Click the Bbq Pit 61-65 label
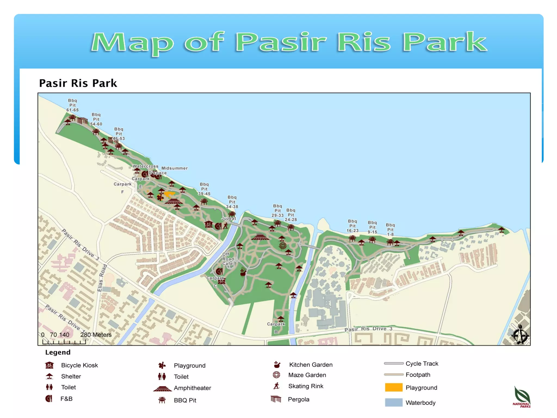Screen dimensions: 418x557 (72, 105)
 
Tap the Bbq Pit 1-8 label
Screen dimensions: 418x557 (390, 230)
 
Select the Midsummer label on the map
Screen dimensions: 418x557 (174, 168)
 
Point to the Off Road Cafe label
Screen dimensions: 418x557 (228, 259)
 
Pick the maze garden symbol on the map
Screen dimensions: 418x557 (283, 246)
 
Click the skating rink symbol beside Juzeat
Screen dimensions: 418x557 (225, 226)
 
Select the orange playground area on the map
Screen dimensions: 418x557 (169, 194)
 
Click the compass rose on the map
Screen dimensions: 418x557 (520, 335)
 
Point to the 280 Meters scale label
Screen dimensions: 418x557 (96, 335)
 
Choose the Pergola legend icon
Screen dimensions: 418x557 (276, 399)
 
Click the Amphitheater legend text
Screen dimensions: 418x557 (192, 388)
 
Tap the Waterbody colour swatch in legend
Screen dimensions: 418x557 (394, 402)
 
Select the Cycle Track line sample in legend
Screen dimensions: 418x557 (394, 363)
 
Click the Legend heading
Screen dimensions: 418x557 (58, 352)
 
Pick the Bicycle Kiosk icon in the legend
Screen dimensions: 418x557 (49, 365)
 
